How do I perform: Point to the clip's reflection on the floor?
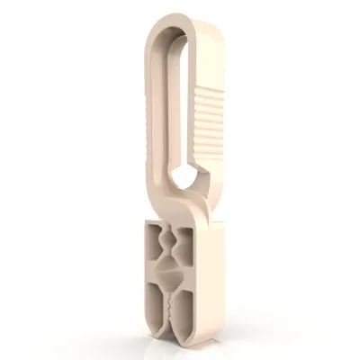(180, 346)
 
